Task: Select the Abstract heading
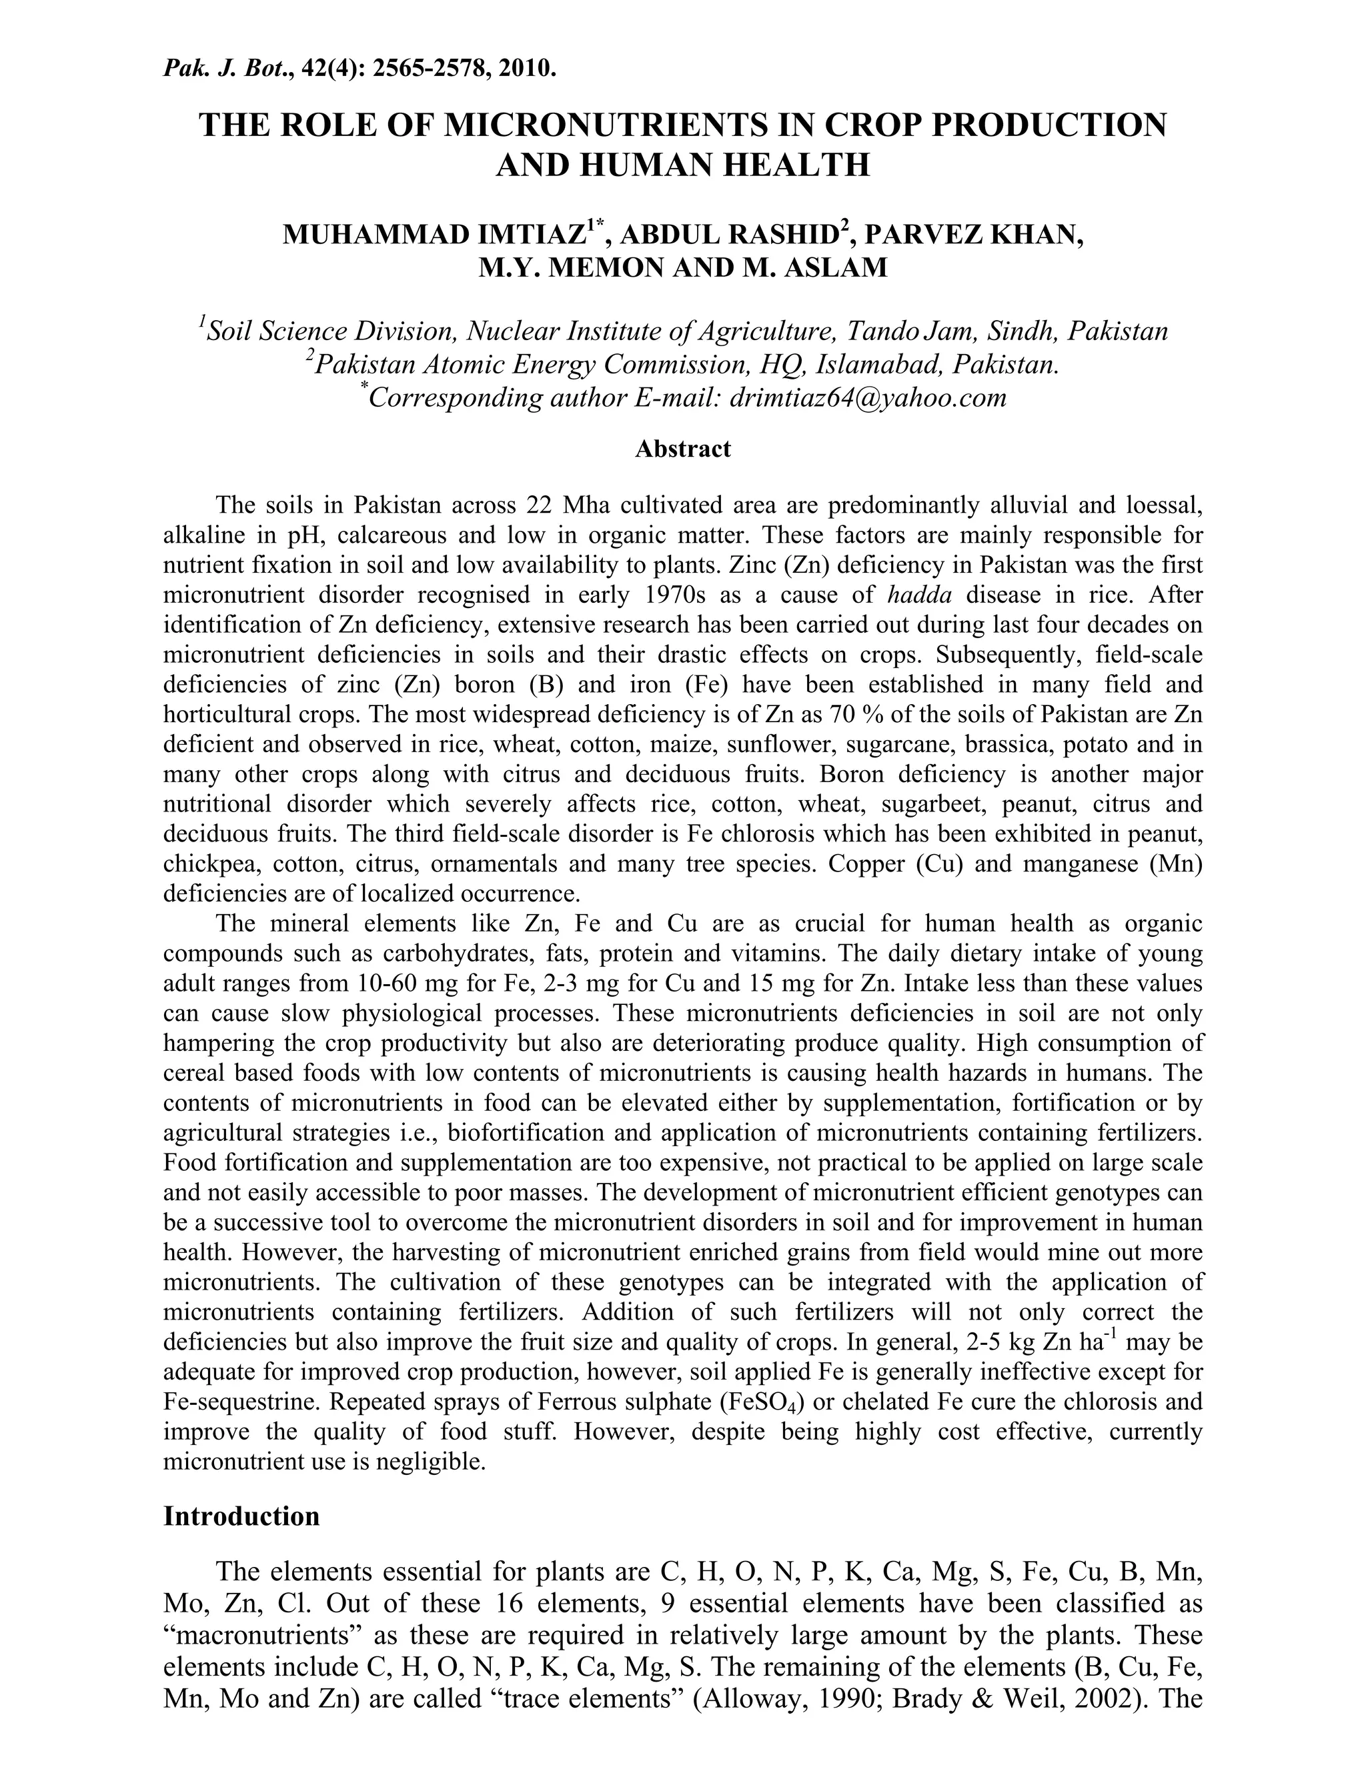[x=682, y=449]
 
